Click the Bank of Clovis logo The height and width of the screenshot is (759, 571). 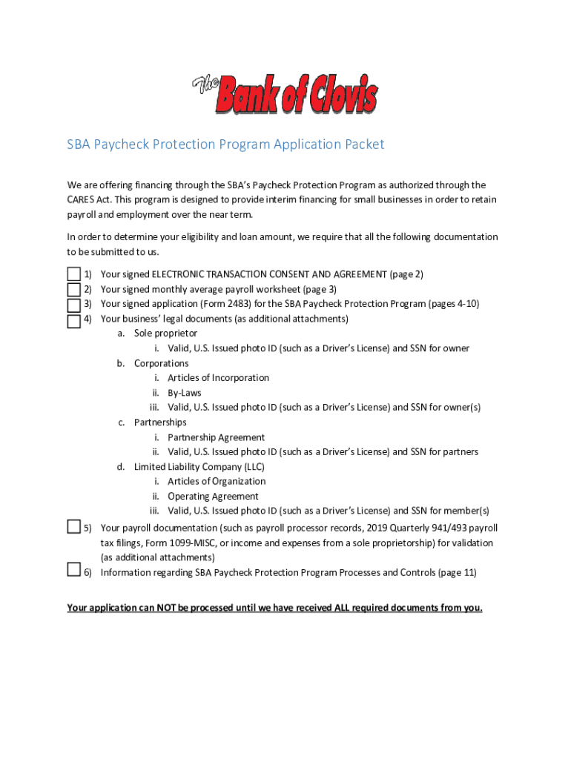tap(285, 94)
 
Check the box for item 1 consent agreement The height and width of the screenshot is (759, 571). tap(73, 275)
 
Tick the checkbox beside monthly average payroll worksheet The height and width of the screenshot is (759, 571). tap(73, 290)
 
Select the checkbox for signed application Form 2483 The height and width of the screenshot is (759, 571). tap(73, 305)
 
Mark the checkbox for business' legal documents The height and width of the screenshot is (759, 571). tap(73, 321)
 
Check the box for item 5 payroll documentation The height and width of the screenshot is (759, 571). tap(73, 526)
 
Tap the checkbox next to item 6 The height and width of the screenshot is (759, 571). tap(73, 569)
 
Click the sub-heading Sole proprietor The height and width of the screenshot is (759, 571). tap(165, 334)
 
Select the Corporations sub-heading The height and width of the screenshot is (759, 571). tap(161, 363)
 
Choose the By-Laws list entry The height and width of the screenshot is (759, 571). tap(184, 393)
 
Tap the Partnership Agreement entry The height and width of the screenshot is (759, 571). tap(216, 437)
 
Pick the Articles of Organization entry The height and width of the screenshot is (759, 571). tap(217, 481)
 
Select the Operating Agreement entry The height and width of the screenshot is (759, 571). tap(213, 497)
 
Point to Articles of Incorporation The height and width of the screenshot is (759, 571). tap(218, 378)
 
